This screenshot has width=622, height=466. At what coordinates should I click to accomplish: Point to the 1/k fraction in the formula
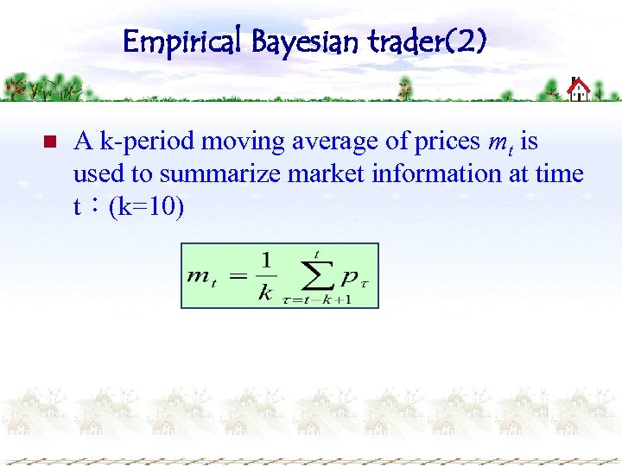coord(265,275)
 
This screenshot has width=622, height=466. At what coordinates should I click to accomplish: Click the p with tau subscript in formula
coord(353,277)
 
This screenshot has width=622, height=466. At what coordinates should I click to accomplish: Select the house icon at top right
coord(577,89)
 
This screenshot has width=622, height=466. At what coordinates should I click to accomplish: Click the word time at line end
coord(559,173)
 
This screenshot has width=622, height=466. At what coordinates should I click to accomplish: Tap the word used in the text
coord(99,173)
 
